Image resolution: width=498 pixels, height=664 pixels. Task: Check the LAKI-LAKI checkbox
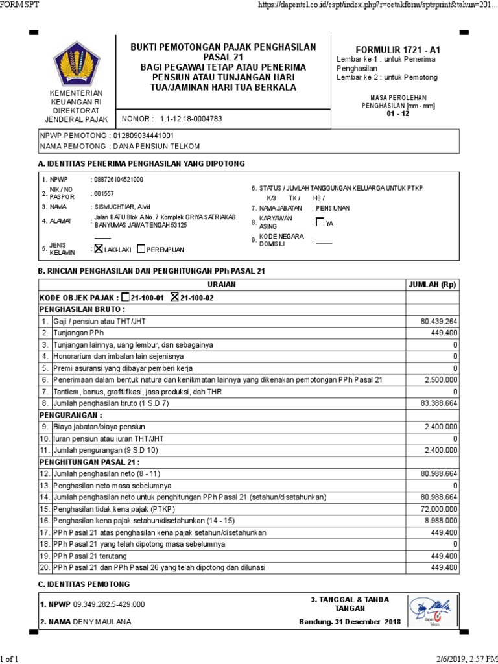point(99,248)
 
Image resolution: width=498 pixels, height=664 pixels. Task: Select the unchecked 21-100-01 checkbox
point(126,296)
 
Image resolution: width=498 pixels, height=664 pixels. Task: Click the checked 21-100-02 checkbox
point(174,296)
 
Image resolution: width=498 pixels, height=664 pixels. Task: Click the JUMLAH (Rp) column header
point(432,285)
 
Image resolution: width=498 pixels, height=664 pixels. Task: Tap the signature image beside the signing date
point(431,611)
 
